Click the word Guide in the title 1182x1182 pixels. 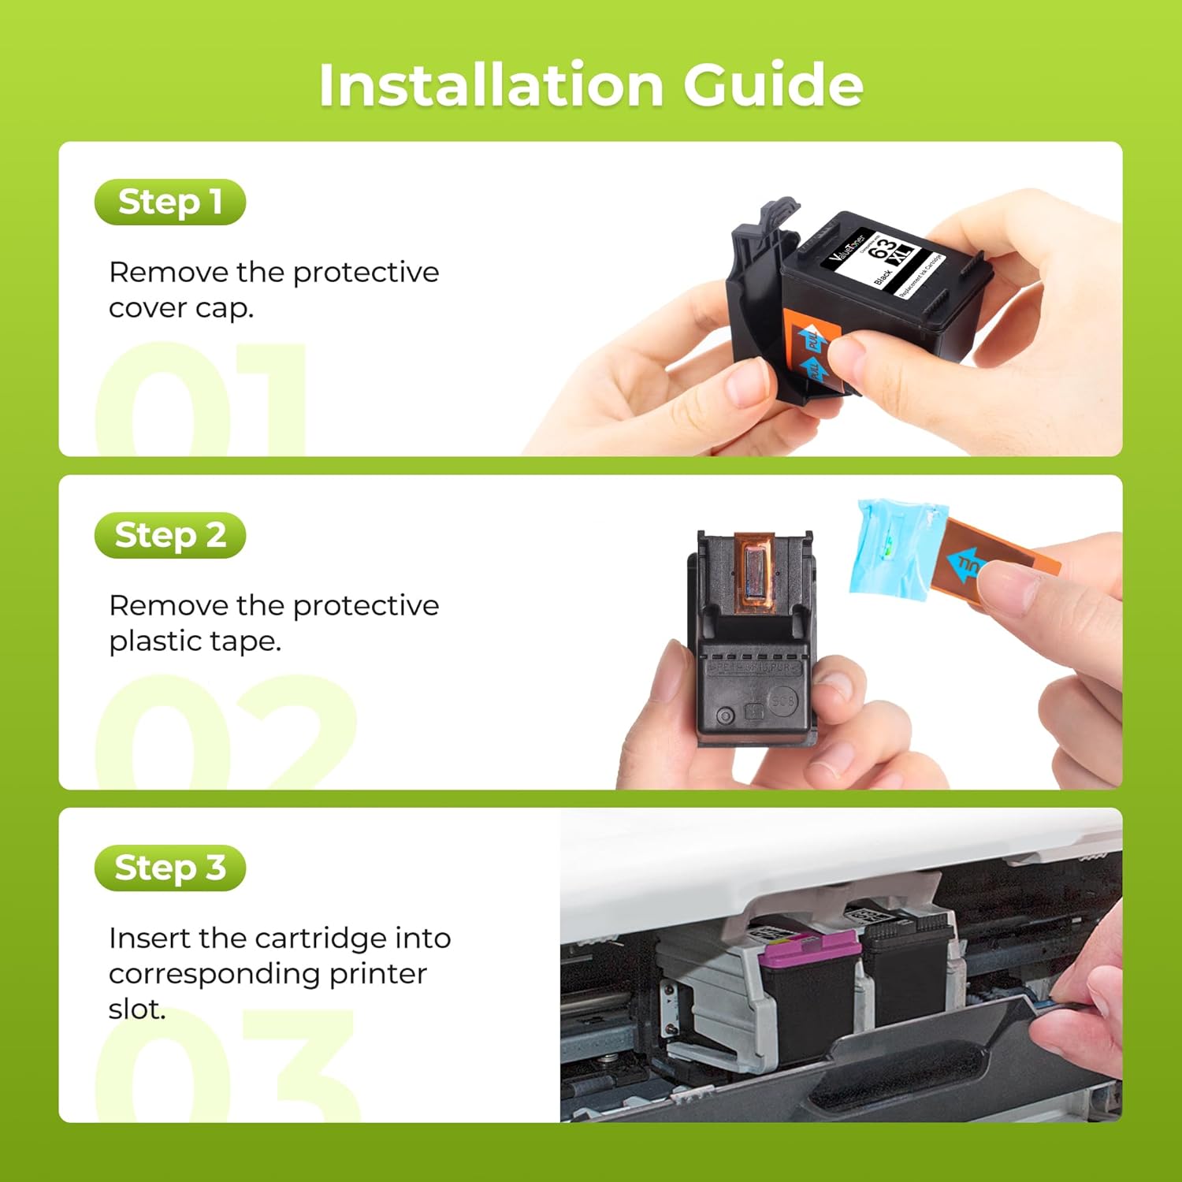pos(773,84)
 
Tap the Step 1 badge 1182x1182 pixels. pos(169,202)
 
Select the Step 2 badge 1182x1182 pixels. pos(169,535)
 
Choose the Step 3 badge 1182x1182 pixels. pos(169,868)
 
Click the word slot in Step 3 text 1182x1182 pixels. pos(136,1009)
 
